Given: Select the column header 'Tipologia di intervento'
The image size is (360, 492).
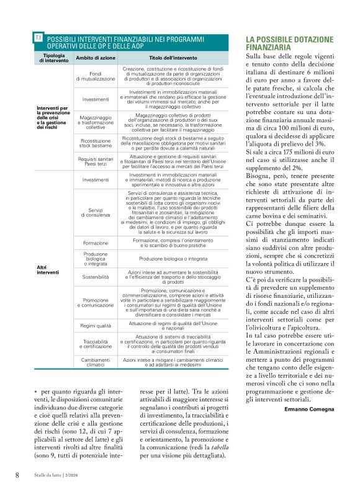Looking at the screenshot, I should click(x=50, y=58).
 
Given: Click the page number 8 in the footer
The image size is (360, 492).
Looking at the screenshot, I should click(x=17, y=475).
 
